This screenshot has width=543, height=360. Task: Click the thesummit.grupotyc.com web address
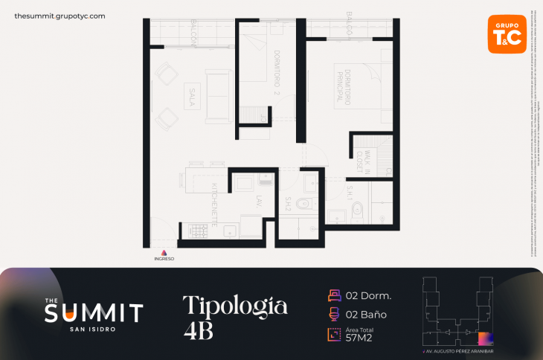coord(60,16)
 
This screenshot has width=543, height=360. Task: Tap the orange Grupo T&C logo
coord(507,34)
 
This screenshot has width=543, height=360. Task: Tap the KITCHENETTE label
coord(214,204)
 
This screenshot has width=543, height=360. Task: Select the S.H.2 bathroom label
coord(289,203)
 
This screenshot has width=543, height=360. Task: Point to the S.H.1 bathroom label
coord(350,193)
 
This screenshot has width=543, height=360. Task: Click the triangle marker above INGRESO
coord(164,252)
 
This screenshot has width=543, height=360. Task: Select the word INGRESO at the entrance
coord(164,259)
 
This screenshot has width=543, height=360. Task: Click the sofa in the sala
coord(219,94)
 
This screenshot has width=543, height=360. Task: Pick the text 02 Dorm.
coord(370,295)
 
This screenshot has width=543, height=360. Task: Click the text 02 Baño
coord(367,315)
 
